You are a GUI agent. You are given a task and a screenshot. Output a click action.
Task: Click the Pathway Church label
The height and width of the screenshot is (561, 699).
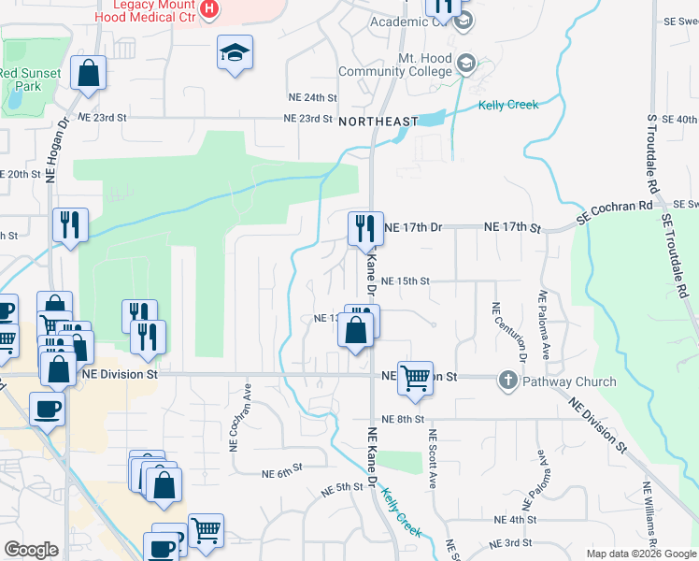569,381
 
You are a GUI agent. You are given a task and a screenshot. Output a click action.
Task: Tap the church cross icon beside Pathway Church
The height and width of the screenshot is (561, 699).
507,381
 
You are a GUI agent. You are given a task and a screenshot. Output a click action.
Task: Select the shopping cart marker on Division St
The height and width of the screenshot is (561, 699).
415,379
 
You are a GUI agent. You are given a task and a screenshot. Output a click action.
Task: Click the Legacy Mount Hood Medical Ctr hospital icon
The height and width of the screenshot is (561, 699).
209,10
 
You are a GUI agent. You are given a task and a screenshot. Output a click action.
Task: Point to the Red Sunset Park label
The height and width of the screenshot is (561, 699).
31,79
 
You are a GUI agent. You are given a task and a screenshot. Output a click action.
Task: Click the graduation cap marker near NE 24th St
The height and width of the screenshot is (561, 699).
235,53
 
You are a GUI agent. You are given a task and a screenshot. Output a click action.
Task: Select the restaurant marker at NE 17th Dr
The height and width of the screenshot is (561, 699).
364,227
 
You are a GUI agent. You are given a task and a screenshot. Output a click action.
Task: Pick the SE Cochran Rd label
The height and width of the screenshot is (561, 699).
614,210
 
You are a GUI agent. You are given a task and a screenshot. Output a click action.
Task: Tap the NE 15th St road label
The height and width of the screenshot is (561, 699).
406,280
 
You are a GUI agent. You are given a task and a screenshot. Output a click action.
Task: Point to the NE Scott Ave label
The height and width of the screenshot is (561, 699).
433,459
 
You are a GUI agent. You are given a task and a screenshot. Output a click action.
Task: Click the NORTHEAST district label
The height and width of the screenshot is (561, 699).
378,122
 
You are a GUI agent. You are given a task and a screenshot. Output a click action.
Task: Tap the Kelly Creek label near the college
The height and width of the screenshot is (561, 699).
508,105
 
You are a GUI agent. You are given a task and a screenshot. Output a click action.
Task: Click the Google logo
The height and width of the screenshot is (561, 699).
31,550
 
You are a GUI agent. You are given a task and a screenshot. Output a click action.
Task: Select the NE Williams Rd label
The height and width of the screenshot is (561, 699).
649,515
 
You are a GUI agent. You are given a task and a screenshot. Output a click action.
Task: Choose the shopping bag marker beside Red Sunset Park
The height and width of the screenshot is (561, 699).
88,74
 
